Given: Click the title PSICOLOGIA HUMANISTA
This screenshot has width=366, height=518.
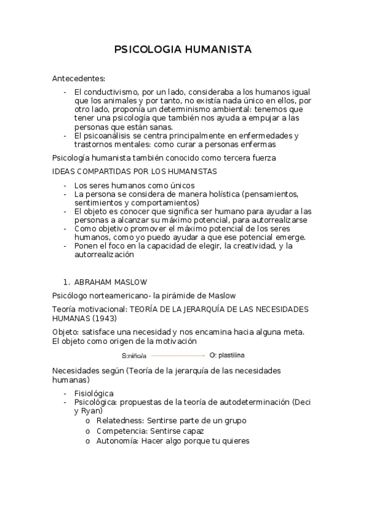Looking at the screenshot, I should (x=183, y=49).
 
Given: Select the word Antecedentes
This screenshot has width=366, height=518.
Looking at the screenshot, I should (x=78, y=78).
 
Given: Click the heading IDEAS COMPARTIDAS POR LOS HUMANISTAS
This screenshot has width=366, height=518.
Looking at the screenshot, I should (x=134, y=171).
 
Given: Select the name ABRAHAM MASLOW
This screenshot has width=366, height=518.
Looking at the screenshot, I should (x=110, y=282).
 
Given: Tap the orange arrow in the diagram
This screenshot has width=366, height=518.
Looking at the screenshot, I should (x=177, y=354).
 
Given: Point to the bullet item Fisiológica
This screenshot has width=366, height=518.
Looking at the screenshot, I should (x=93, y=393).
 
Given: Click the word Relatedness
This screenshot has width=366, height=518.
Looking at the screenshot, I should (x=120, y=420).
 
